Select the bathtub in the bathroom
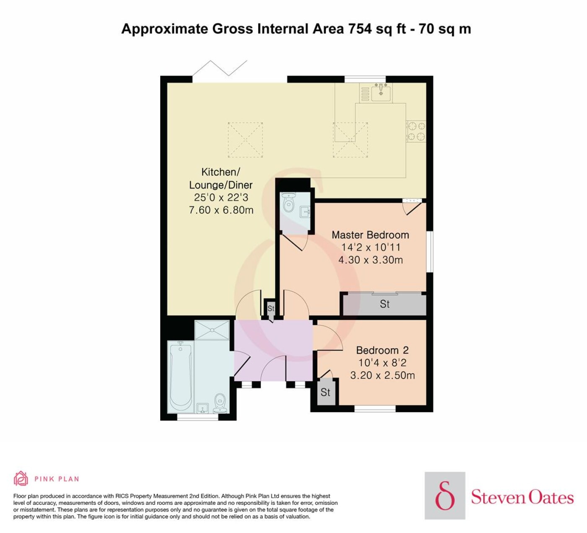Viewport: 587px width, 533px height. [181, 377]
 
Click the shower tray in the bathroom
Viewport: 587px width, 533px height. [212, 330]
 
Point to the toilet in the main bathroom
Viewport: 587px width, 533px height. [220, 404]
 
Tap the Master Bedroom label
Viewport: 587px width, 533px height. [370, 235]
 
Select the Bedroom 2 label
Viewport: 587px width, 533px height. [382, 350]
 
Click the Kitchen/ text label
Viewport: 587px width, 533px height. [221, 172]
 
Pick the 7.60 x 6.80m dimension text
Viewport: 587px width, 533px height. [221, 210]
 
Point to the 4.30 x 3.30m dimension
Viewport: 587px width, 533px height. [371, 260]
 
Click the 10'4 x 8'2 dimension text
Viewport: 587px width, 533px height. [382, 363]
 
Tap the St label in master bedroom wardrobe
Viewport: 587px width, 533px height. [384, 304]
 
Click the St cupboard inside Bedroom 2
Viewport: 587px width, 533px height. [325, 392]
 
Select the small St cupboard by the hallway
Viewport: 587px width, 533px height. [271, 309]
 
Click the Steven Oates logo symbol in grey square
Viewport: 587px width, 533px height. [444, 496]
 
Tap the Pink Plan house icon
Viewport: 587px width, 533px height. [21, 478]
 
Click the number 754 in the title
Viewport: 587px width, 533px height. [360, 29]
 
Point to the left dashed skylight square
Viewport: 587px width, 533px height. [245, 140]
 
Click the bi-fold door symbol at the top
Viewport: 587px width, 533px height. [220, 68]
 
